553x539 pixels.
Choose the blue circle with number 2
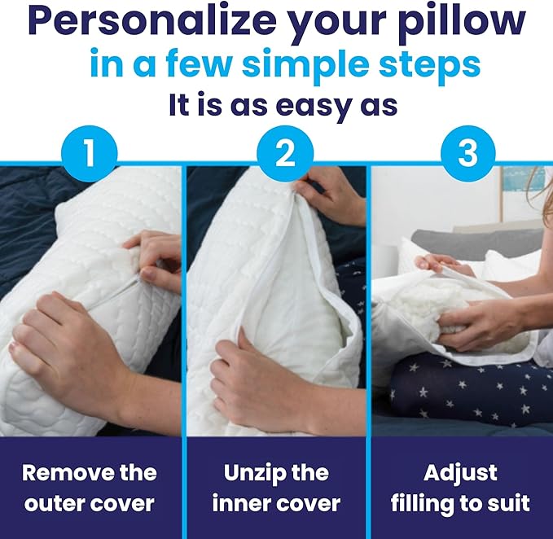pos(285,154)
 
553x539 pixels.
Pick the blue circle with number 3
pos(467,154)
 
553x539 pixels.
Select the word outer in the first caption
pos(58,503)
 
